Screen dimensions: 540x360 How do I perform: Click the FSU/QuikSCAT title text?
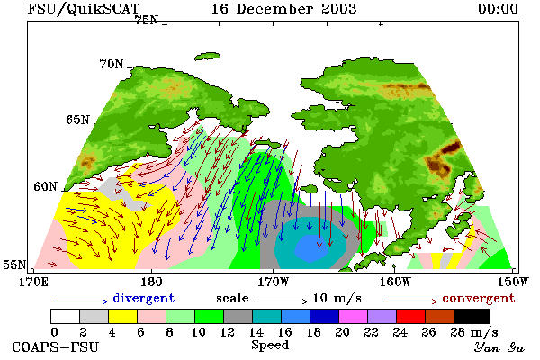84,9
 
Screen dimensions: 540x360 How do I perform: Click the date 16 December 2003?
283,9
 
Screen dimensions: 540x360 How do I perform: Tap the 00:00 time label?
498,9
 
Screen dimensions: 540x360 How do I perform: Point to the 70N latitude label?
112,64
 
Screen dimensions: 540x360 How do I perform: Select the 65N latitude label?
77,120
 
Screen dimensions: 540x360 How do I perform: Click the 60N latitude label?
45,186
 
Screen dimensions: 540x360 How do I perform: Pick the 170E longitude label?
34,282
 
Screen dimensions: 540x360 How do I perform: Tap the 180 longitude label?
151,282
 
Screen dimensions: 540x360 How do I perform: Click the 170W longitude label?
273,282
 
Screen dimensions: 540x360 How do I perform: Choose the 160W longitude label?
395,282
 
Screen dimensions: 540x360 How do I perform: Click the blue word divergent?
144,298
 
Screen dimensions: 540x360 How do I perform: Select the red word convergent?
479,298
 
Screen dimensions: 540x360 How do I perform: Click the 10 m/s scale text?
337,298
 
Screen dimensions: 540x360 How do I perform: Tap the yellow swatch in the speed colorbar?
123,316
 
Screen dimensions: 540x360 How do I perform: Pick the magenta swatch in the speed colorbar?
354,316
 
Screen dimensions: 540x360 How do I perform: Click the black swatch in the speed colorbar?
472,316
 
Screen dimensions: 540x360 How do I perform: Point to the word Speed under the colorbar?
270,345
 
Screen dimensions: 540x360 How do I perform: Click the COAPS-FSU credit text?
56,346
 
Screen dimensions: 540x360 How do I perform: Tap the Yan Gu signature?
499,347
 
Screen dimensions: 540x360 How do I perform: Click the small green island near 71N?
207,56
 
